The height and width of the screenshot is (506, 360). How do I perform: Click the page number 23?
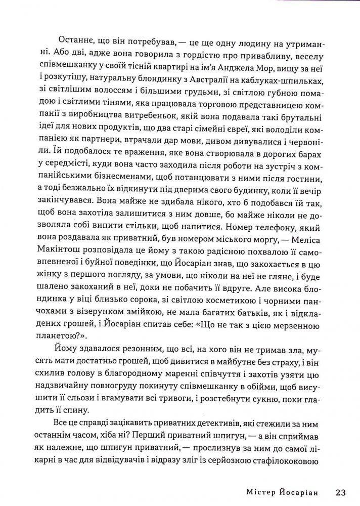coord(340,492)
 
